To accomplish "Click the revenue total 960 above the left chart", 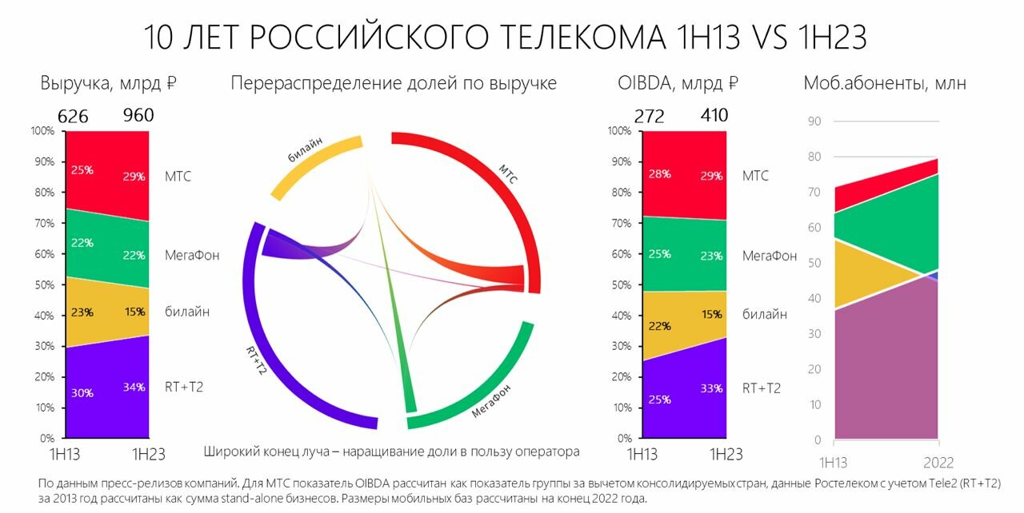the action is tap(138, 115).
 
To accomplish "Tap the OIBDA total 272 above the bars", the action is tap(649, 116).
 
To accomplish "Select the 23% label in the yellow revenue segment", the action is tap(82, 312).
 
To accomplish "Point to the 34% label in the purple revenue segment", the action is tap(134, 387).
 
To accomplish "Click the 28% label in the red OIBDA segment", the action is tap(660, 174).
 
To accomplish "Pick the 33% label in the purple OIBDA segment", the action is tap(712, 388).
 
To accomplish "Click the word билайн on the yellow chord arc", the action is tap(305, 149).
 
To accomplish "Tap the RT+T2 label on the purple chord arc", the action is tap(256, 360).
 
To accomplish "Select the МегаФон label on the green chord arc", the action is tap(491, 400).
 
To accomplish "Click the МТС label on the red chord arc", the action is tap(508, 174).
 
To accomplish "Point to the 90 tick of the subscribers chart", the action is tap(814, 121).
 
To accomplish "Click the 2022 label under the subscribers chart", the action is tap(938, 463).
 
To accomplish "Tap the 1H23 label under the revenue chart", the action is tap(149, 454).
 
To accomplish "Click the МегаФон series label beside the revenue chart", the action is tap(192, 255).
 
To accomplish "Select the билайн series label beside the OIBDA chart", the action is tap(765, 314).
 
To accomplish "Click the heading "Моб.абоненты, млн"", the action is tap(885, 83).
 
